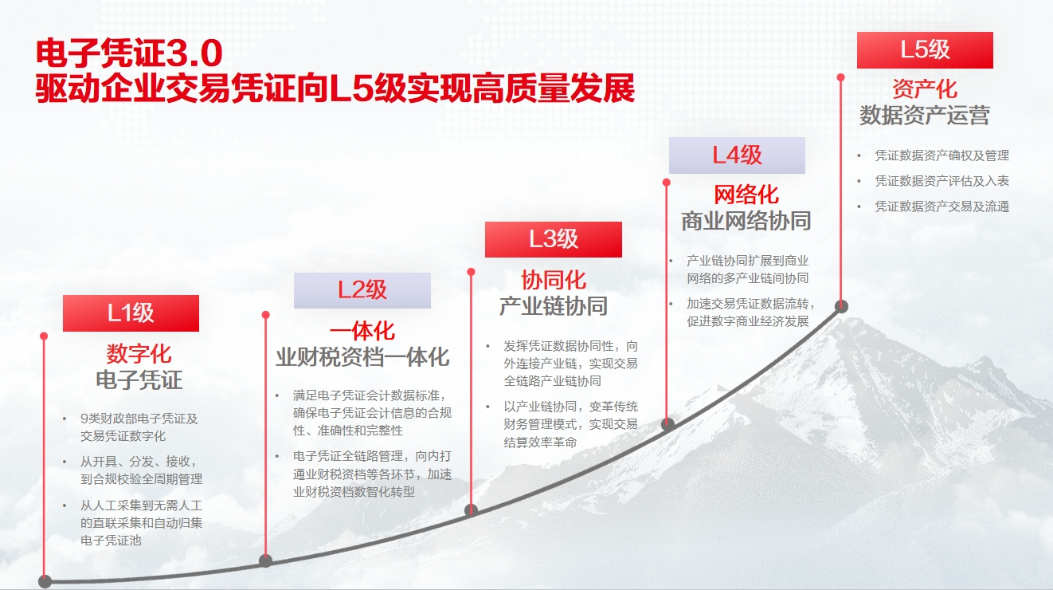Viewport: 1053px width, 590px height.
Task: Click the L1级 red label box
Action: tap(131, 313)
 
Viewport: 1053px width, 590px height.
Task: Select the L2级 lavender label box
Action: tap(362, 290)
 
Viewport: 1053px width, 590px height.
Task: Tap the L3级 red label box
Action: tap(554, 239)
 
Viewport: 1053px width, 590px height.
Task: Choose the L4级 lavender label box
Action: tap(737, 155)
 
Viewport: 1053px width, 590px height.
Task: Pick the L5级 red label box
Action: tap(925, 50)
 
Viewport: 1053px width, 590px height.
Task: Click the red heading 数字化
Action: tap(139, 353)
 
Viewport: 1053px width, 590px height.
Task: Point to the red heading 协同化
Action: tap(554, 280)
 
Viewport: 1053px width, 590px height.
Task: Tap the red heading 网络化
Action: tap(746, 195)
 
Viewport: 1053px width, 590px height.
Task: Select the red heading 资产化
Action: tap(925, 89)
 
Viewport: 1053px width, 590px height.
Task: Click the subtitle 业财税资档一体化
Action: tap(362, 357)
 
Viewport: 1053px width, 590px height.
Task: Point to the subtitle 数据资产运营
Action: tap(925, 116)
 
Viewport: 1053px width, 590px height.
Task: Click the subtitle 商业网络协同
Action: tap(746, 221)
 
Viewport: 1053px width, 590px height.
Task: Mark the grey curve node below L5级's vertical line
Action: tap(841, 306)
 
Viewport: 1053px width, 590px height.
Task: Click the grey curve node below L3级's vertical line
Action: tap(471, 510)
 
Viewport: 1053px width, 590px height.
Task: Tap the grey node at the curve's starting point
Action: tap(45, 581)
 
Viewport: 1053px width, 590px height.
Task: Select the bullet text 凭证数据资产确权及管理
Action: tap(941, 155)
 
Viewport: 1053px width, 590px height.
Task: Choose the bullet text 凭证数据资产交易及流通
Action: tap(941, 206)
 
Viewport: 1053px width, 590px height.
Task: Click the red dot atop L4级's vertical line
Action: tap(666, 182)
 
